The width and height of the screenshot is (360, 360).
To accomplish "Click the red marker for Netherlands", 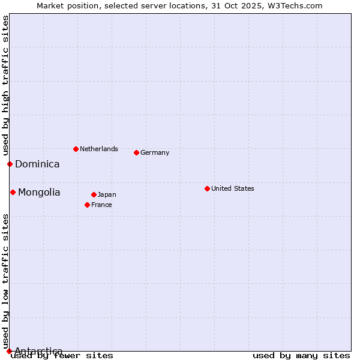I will (76, 149).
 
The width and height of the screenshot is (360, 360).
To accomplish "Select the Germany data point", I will (136, 152).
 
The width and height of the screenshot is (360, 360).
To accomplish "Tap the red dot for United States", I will (207, 188).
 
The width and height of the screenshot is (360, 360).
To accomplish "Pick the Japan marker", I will (94, 194).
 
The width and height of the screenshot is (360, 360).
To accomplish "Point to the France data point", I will (87, 205).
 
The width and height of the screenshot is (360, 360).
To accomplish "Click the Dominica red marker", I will (10, 164).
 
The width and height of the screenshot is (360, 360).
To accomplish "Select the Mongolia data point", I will (13, 192).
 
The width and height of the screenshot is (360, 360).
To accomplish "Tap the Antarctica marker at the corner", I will (9, 351).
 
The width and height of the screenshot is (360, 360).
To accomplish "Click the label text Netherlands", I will (99, 149).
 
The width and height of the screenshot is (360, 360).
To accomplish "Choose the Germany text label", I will (155, 152).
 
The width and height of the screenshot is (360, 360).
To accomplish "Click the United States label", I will (233, 188).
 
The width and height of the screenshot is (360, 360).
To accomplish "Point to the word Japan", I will (107, 194).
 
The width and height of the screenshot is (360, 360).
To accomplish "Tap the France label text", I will (101, 205).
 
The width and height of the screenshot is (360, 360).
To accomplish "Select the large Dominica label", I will (37, 164).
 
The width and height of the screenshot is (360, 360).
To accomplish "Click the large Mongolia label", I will (39, 192).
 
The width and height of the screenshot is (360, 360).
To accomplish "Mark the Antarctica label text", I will (38, 351).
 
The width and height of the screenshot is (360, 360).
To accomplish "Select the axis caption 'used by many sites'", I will (301, 355).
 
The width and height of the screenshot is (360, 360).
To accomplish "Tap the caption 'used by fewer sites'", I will (62, 355).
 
